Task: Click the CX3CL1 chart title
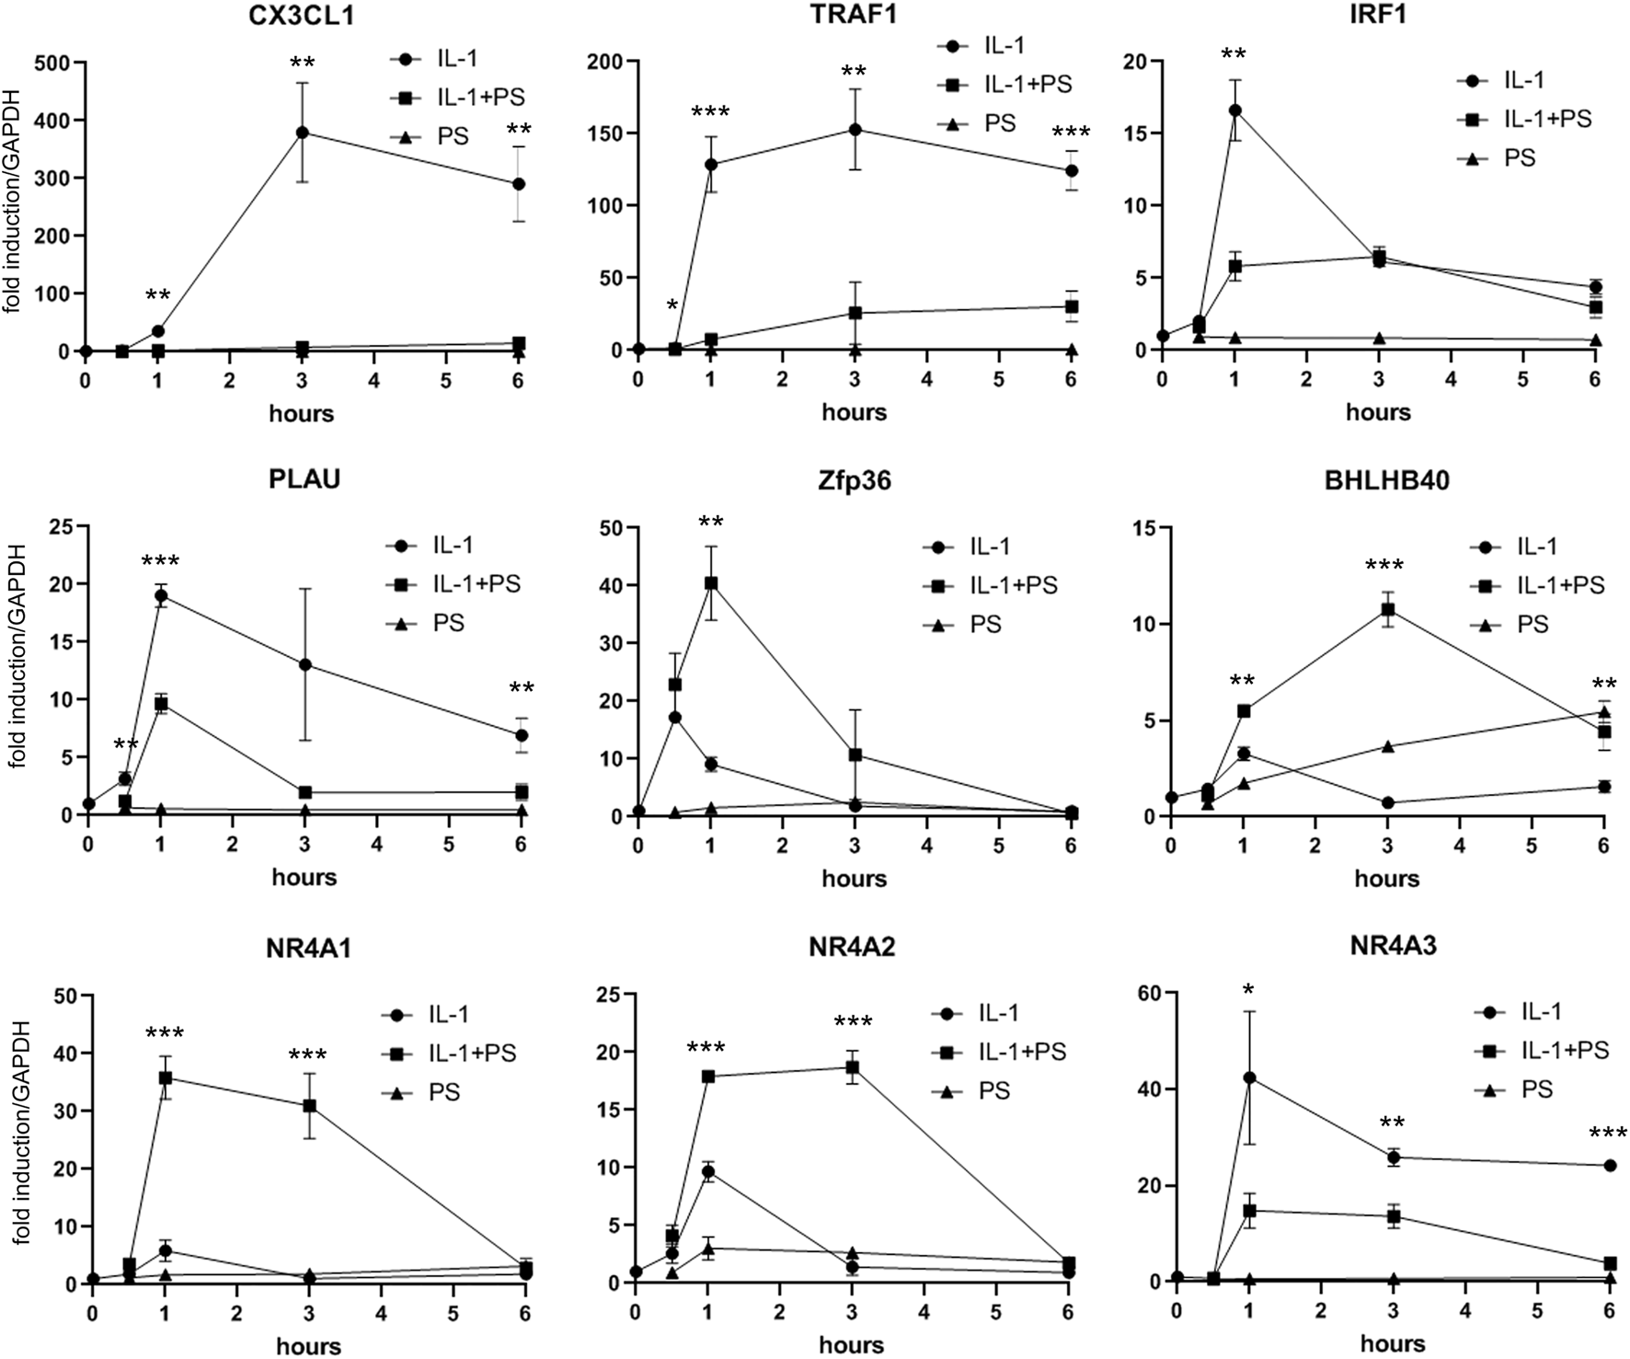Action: click(301, 13)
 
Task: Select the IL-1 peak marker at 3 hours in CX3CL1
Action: click(302, 132)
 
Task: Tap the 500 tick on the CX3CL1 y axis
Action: click(51, 63)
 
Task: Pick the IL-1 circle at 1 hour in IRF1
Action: click(1234, 110)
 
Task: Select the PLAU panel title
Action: click(304, 479)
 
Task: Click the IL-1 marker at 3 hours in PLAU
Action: click(304, 664)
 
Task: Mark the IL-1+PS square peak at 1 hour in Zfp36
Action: click(710, 583)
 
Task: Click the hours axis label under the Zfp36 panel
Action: click(854, 878)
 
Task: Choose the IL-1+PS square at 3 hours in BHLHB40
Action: click(1387, 609)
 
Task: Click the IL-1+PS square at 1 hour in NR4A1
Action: click(165, 1077)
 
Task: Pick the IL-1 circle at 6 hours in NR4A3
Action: click(1609, 1166)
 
